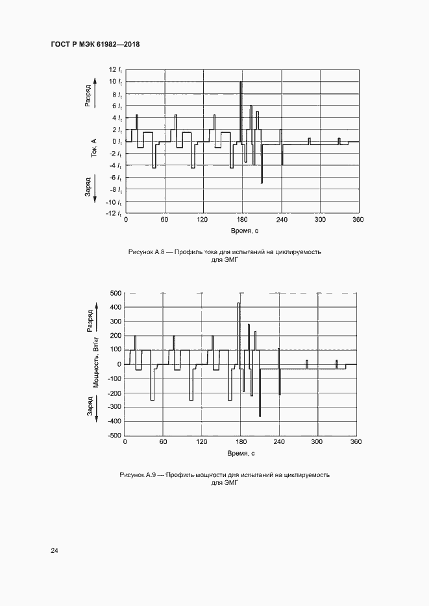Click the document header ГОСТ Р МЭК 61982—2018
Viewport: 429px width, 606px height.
click(x=95, y=44)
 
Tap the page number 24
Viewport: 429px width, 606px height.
click(x=55, y=551)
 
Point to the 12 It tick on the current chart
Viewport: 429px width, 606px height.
click(x=116, y=69)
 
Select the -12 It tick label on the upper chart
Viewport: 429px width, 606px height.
click(x=114, y=213)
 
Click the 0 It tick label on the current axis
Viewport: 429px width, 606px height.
click(x=117, y=141)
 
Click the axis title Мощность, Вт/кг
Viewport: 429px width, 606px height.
click(x=95, y=362)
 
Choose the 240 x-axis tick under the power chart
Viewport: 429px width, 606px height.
click(x=278, y=442)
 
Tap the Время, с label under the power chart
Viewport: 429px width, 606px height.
click(x=241, y=453)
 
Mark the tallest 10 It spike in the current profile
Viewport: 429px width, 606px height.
click(x=241, y=83)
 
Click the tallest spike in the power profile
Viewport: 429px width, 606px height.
click(x=238, y=304)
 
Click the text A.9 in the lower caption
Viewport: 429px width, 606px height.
click(x=153, y=474)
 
